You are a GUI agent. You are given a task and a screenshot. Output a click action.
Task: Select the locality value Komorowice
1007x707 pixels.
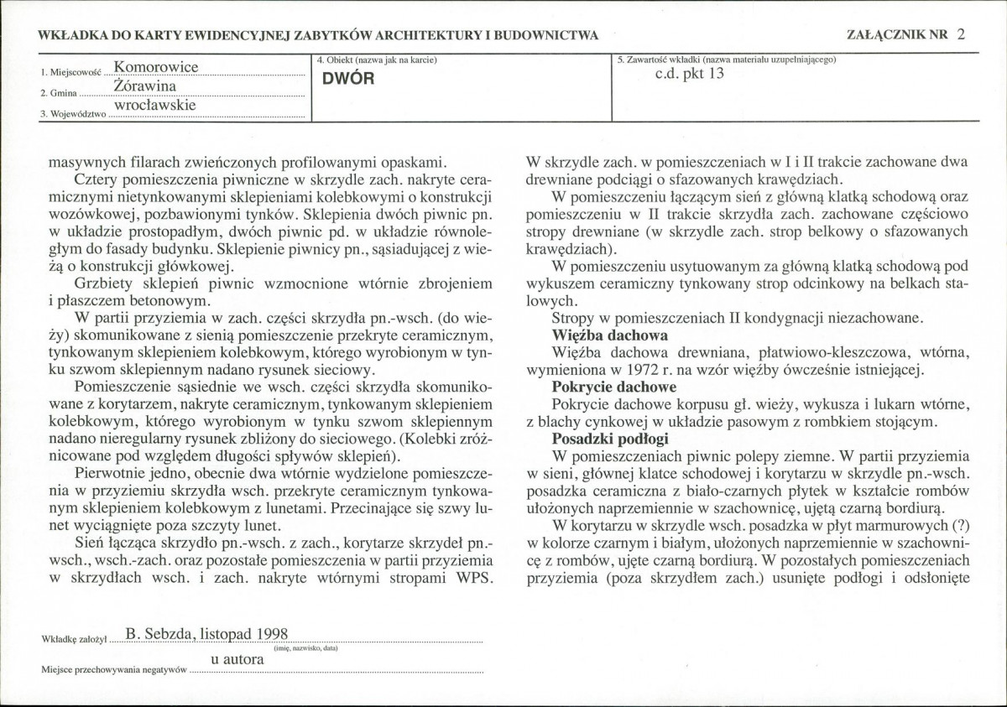[x=156, y=66]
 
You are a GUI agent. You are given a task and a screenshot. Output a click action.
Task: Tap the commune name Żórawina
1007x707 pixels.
[x=149, y=86]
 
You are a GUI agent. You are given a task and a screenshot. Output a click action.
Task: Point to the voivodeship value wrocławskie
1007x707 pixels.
[x=155, y=106]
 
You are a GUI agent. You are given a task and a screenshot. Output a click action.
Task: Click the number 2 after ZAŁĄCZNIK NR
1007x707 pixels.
[x=961, y=35]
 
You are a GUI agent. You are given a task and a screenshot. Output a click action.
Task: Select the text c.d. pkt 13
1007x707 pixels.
[x=689, y=73]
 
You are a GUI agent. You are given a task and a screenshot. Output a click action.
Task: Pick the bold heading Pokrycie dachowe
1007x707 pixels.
[x=613, y=387]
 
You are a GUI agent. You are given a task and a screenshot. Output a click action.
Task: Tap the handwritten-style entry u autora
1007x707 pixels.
[x=237, y=659]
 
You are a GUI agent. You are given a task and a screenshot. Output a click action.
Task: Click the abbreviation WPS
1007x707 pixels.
[x=471, y=579]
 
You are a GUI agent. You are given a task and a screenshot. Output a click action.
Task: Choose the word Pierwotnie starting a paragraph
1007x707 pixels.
[x=107, y=474]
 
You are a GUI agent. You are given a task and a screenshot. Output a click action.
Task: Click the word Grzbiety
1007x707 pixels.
[x=103, y=283]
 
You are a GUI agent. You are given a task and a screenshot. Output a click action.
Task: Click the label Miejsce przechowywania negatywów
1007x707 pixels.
[x=114, y=670]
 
